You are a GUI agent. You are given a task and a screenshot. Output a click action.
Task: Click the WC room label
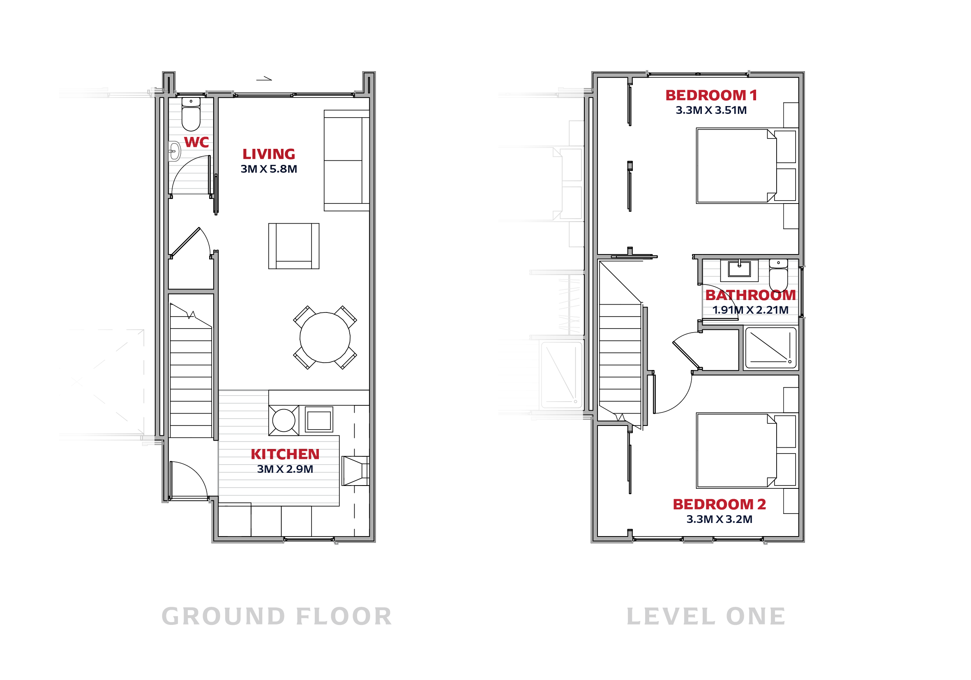click(x=196, y=142)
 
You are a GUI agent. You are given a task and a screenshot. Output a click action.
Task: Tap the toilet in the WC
click(x=191, y=114)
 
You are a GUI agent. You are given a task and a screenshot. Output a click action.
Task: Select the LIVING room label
click(x=269, y=154)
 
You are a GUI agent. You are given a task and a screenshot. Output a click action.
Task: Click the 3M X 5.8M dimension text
click(x=269, y=169)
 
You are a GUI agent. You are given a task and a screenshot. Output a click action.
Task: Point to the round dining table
click(x=325, y=337)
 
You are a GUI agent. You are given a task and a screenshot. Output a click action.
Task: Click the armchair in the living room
click(x=293, y=246)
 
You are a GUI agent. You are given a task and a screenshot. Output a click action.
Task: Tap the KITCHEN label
click(x=285, y=454)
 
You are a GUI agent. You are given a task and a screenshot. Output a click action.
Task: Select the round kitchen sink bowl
click(x=284, y=421)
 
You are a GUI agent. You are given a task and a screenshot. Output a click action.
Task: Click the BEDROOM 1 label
click(x=711, y=95)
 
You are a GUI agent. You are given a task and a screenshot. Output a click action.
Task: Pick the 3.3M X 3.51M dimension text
click(x=711, y=110)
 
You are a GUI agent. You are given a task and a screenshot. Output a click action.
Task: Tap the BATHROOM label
click(x=750, y=295)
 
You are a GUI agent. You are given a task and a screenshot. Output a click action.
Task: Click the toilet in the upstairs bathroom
click(x=778, y=275)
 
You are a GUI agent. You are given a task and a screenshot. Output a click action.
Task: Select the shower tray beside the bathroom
click(x=770, y=347)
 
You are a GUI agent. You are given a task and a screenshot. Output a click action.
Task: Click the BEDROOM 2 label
click(x=719, y=504)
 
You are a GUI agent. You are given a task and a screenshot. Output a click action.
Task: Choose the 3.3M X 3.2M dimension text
click(x=719, y=519)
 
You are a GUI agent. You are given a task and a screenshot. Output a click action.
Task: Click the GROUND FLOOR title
click(x=277, y=616)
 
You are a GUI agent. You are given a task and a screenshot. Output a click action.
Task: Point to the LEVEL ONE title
click(x=706, y=616)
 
